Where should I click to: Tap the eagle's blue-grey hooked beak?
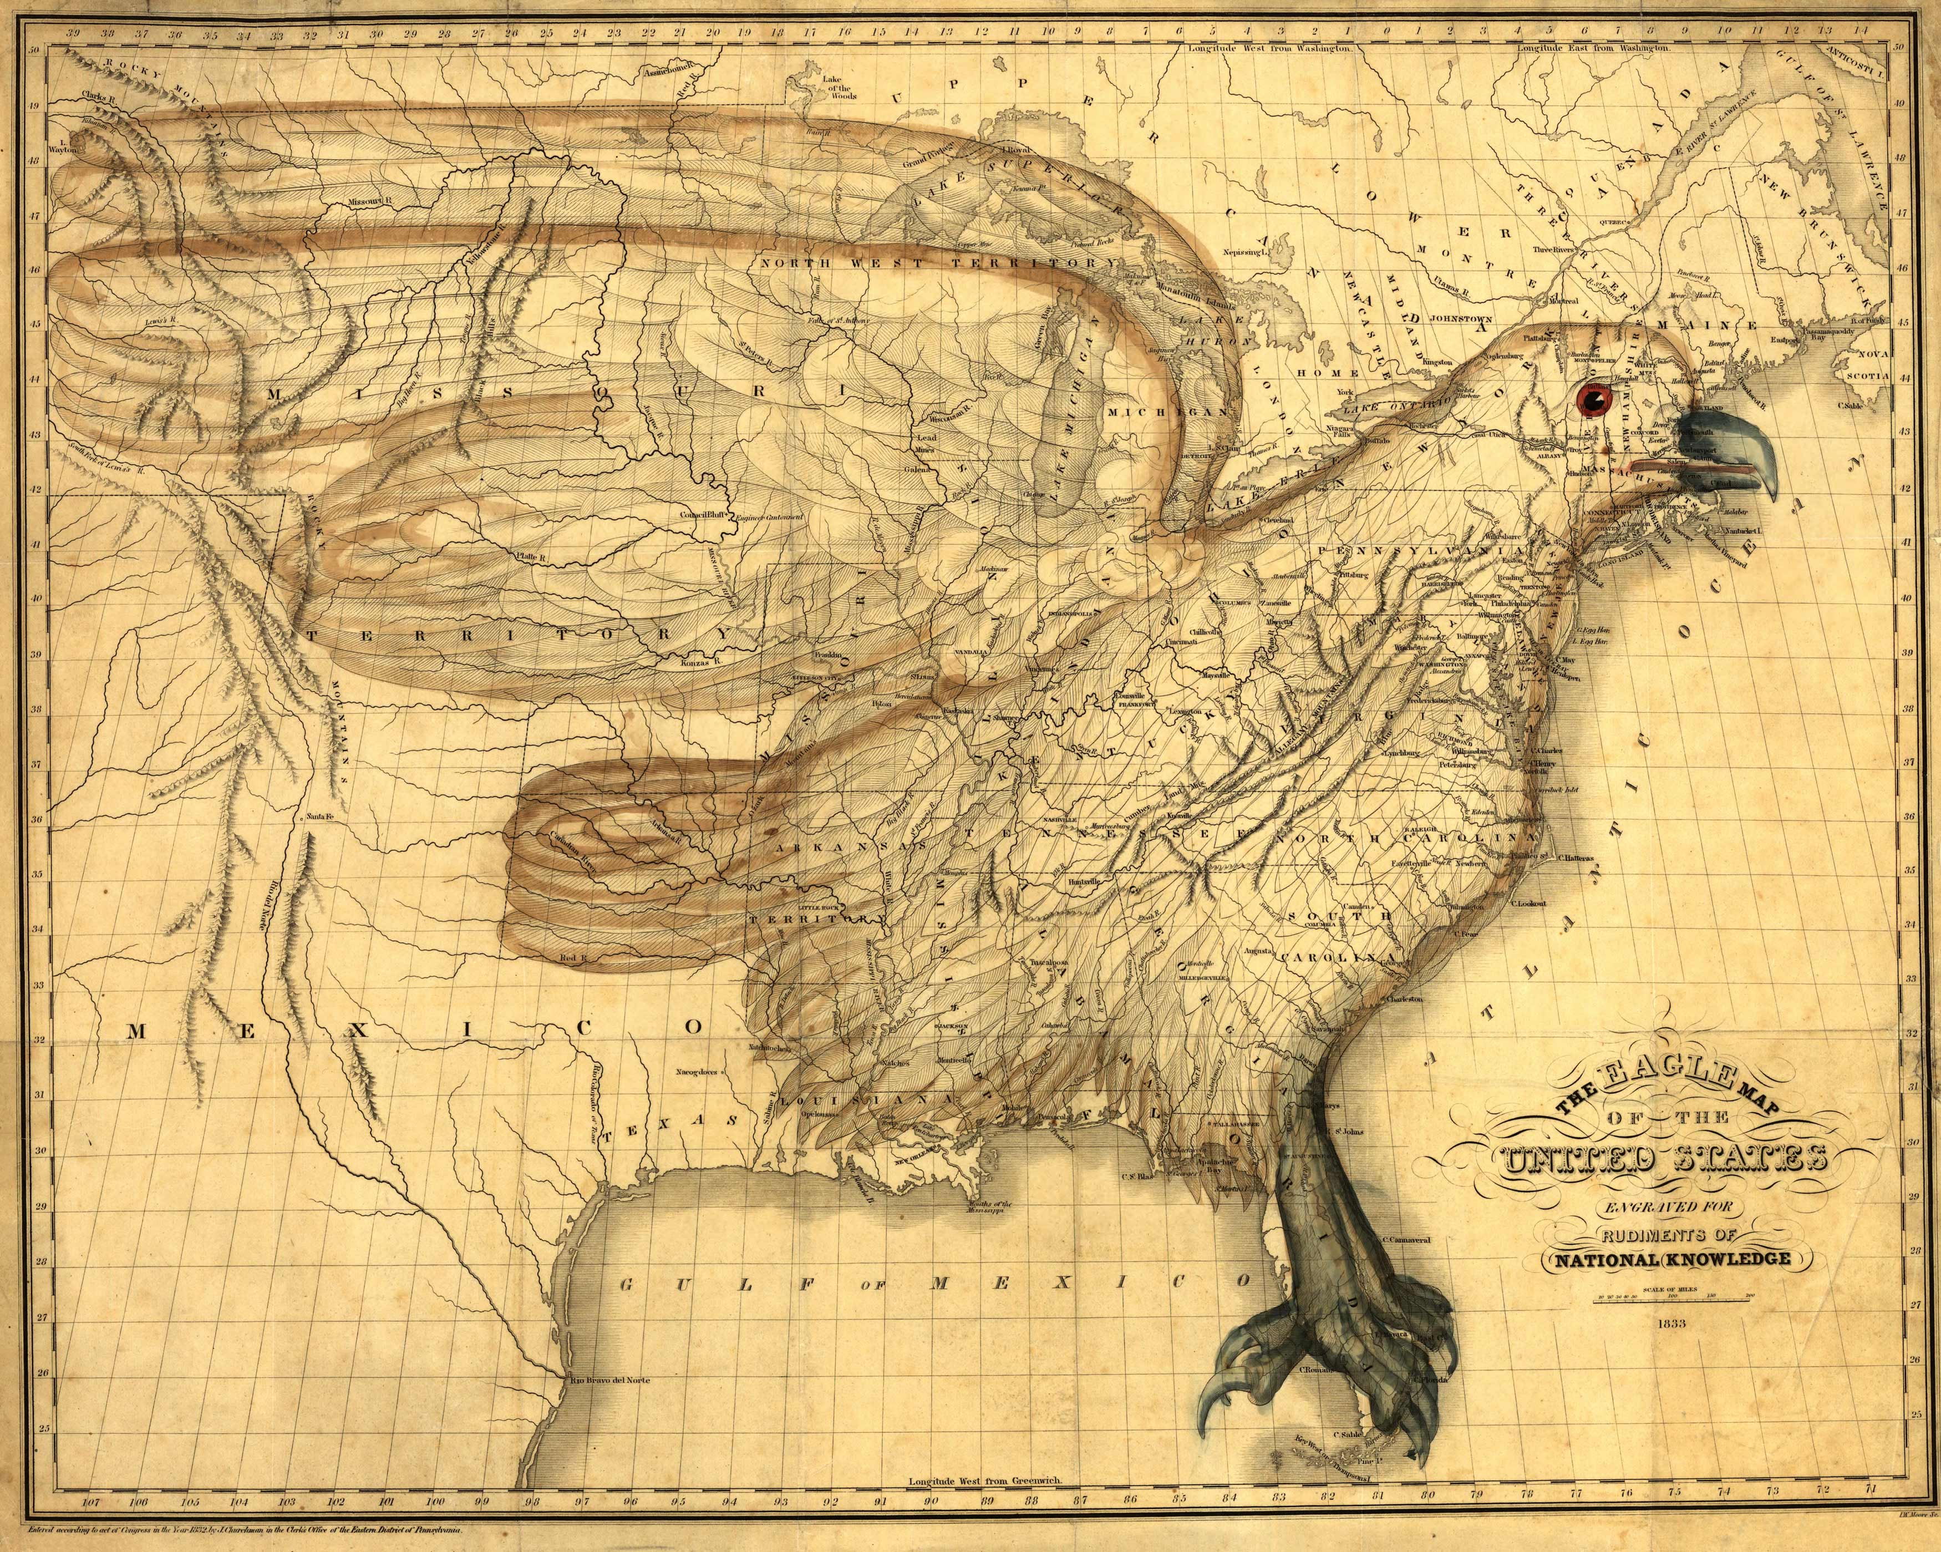coord(1733,450)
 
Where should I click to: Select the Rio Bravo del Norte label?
coord(608,1379)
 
